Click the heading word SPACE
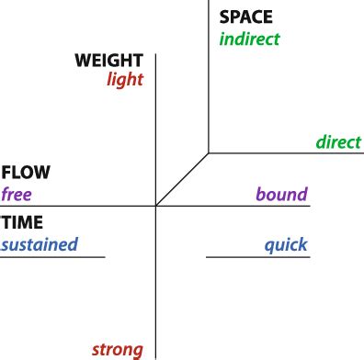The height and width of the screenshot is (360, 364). coord(245,17)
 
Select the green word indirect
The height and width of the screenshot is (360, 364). coord(249,39)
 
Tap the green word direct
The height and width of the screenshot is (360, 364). coord(338,142)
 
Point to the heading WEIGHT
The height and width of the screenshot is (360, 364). coord(109,61)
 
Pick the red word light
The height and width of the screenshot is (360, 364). coord(125,80)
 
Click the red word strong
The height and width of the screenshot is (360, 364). coord(118,349)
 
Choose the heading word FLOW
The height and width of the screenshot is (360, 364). coord(26,173)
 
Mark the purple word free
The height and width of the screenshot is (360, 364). coord(17,194)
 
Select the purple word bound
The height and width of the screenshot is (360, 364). coord(281,194)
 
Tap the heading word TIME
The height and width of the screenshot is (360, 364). coord(22,223)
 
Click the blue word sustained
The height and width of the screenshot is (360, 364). coord(39,244)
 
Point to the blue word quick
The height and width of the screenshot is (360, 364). coord(286,245)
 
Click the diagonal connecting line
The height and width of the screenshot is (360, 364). coord(183,179)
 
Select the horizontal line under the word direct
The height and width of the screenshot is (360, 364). coord(285,152)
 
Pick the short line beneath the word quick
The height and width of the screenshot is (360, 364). coord(257,257)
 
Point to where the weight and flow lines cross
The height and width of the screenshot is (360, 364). coord(156,206)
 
